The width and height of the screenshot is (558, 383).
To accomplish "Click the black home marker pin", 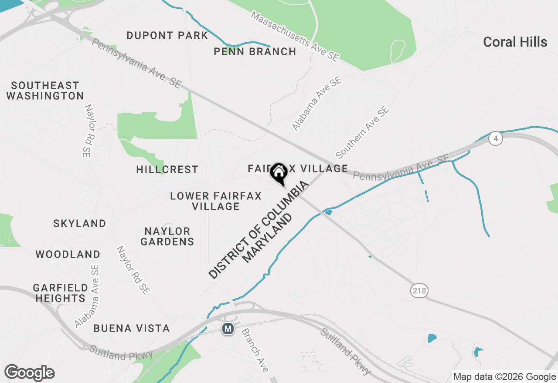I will coord(279,173).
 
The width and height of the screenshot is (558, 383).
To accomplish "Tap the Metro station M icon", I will coord(228,329).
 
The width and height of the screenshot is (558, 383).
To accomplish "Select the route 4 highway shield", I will coord(495,139).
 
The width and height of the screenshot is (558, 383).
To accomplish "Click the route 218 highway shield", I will coord(419,290).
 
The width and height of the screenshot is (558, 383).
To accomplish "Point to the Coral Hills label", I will coord(515,42).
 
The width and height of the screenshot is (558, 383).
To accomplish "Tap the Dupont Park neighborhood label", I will coord(167,35).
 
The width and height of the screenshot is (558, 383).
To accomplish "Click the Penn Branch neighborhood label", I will coord(255,52).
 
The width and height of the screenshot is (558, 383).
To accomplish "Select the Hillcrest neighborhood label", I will coord(167,169).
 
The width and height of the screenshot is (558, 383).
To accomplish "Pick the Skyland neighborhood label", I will coord(80,224).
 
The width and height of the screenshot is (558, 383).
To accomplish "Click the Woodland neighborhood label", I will coord(68,254).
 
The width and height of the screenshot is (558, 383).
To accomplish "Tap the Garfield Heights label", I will coord(61,293).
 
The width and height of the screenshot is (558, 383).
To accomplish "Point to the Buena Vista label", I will coord(132,329).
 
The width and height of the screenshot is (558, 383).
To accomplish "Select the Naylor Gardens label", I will coord(167,236).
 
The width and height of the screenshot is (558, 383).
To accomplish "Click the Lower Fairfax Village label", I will coord(216,201).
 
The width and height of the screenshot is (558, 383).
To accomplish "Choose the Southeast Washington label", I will coord(45,91).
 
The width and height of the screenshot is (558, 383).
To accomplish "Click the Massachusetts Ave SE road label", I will coord(295,36).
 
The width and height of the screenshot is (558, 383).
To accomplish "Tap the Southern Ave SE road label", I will coord(362,133).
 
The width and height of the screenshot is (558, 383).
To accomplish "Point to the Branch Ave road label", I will coord(254,350).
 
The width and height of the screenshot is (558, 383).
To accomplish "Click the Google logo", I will coord(29,373).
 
